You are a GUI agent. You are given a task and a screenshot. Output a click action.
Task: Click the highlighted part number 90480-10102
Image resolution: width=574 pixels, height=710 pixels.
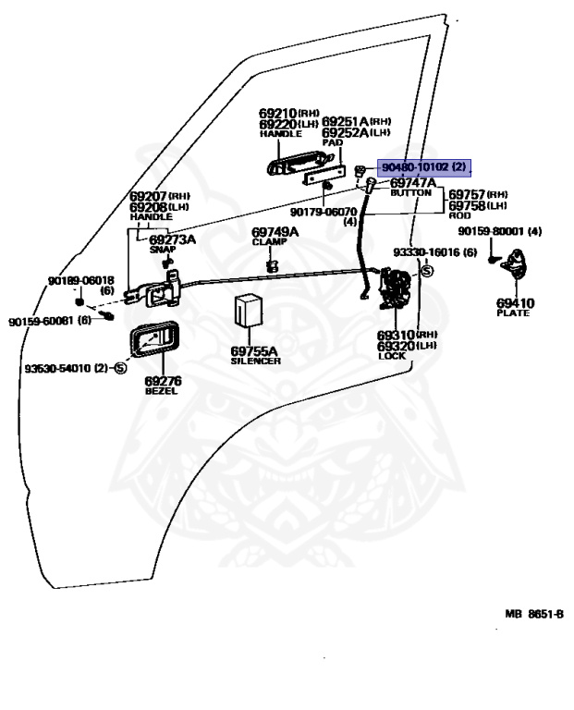click(417, 167)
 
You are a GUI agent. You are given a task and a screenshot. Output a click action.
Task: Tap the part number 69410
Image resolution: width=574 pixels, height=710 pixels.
click(515, 303)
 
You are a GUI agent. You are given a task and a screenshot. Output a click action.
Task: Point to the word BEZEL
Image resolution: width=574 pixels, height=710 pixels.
click(161, 391)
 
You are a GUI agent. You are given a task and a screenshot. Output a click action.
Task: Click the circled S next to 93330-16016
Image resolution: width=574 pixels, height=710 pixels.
click(427, 271)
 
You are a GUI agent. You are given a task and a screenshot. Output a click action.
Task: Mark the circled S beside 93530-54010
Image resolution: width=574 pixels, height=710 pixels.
click(121, 368)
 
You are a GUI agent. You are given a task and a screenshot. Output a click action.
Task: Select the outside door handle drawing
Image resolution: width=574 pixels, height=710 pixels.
click(300, 163)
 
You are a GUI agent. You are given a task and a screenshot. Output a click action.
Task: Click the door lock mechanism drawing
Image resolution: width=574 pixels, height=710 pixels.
click(395, 288)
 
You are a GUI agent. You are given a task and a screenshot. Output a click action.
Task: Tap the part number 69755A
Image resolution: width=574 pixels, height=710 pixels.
click(254, 351)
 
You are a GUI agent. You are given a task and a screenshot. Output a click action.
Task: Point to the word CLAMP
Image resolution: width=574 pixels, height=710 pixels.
click(269, 242)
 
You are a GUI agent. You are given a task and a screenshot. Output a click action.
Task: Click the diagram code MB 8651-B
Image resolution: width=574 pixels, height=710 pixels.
click(534, 614)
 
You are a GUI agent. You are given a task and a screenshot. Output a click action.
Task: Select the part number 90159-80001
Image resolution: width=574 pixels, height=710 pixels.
click(492, 231)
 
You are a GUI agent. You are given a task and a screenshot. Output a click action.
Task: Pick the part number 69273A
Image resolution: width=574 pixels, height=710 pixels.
click(173, 239)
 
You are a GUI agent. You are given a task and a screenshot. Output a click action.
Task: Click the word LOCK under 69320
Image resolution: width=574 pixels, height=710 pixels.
click(392, 356)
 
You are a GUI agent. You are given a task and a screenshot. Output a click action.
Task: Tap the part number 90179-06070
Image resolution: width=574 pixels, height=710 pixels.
click(324, 212)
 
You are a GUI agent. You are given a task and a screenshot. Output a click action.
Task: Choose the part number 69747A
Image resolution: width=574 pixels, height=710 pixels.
click(413, 182)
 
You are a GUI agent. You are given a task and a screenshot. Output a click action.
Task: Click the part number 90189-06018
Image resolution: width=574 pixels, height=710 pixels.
click(81, 281)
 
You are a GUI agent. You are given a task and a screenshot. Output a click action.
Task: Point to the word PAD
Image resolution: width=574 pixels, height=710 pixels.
click(333, 142)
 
